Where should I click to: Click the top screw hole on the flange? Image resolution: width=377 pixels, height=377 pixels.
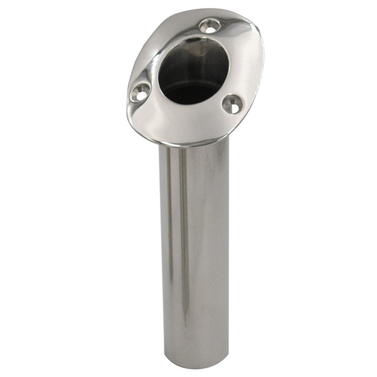[x=209, y=24]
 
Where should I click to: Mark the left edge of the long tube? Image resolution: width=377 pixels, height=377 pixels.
[x=160, y=242]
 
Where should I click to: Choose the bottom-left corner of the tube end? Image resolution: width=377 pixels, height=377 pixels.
[x=165, y=364]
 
